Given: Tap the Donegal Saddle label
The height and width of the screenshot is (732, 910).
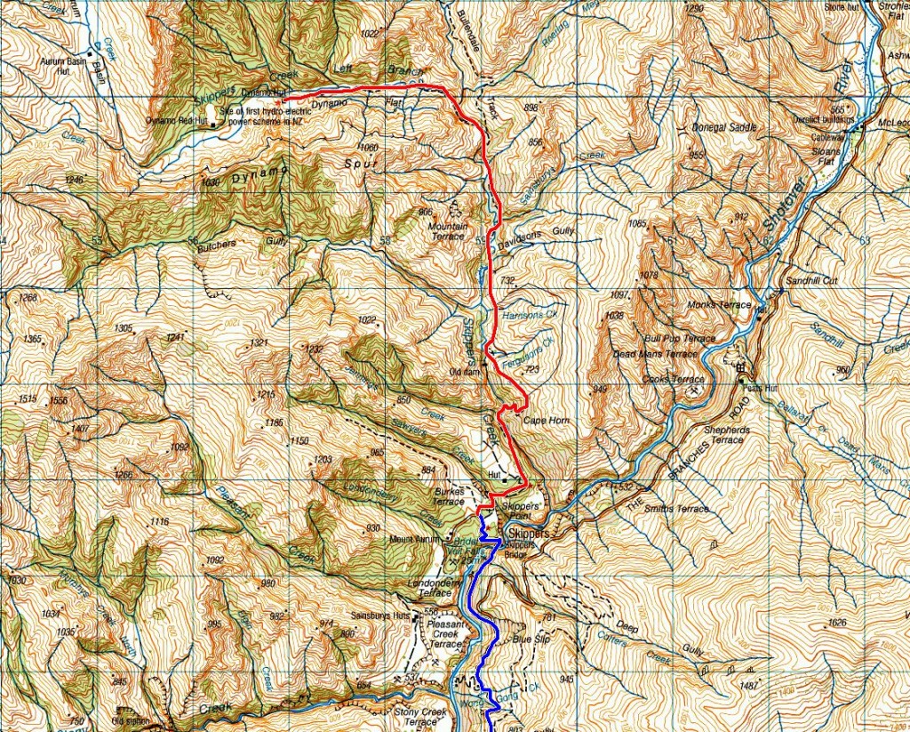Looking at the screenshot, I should pyautogui.click(x=724, y=127).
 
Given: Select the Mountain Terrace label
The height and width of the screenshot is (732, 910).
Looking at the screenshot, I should pyautogui.click(x=447, y=231).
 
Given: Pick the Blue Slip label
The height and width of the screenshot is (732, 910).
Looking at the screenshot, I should pyautogui.click(x=531, y=639).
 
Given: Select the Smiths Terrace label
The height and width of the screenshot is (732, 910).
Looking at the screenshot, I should pyautogui.click(x=680, y=509).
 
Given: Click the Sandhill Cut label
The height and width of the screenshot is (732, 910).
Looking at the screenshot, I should pyautogui.click(x=787, y=279).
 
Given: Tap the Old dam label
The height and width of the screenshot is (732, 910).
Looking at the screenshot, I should pyautogui.click(x=466, y=371).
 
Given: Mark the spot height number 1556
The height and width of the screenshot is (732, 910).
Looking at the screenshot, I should pyautogui.click(x=60, y=401).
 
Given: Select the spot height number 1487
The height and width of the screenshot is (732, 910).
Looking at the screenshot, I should pyautogui.click(x=749, y=686).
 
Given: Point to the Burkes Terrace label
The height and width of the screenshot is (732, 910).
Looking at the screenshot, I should pyautogui.click(x=449, y=495).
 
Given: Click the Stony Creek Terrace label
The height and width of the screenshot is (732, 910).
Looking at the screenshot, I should pyautogui.click(x=417, y=715).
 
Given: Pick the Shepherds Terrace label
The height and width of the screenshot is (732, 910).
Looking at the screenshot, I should pyautogui.click(x=723, y=434).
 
